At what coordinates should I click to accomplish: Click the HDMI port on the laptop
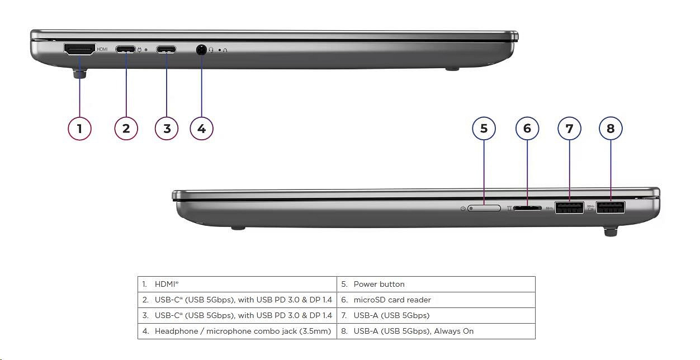[79, 50]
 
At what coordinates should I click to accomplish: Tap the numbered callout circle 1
[80, 129]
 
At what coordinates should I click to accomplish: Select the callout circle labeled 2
[126, 129]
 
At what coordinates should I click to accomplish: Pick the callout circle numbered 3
[167, 129]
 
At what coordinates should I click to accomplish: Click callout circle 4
[202, 129]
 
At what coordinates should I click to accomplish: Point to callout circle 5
[484, 128]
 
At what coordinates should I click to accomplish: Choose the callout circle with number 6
[527, 128]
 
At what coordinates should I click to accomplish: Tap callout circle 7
[569, 128]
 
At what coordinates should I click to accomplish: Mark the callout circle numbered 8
[611, 128]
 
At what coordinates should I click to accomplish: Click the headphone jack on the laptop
[202, 50]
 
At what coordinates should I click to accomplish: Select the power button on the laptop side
[484, 208]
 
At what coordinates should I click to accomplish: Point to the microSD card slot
[527, 208]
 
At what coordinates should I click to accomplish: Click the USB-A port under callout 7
[569, 207]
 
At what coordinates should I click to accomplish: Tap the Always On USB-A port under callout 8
[611, 207]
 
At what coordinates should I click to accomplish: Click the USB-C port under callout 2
[126, 49]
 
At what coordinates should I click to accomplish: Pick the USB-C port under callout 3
[166, 49]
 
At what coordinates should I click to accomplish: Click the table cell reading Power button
[436, 284]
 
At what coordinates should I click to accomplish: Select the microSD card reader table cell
[436, 300]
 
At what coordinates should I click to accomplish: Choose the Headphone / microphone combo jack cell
[237, 331]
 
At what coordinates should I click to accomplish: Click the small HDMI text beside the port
[102, 49]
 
